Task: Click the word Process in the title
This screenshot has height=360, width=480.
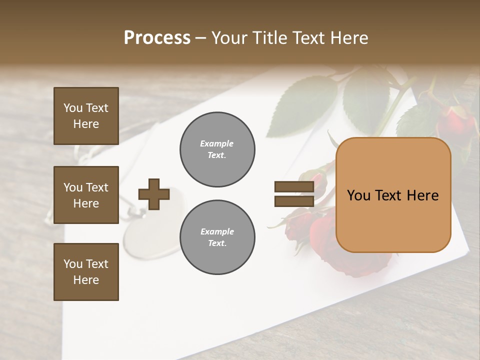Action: click(157, 38)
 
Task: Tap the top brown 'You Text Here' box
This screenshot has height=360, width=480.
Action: click(86, 116)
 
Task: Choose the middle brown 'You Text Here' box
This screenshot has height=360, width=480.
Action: click(86, 195)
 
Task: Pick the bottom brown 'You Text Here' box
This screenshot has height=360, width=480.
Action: click(86, 272)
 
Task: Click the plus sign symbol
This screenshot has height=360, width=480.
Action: click(153, 194)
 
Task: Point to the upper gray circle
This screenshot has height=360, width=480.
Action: click(217, 149)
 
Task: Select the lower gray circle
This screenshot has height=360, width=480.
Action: click(217, 237)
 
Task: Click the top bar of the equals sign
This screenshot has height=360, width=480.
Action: click(294, 187)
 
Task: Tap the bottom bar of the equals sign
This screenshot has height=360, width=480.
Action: click(294, 201)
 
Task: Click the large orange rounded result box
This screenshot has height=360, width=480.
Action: click(393, 195)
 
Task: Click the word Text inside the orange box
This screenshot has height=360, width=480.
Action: click(392, 195)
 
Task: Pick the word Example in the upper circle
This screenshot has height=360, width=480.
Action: click(217, 143)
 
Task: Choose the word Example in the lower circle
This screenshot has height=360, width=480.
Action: click(217, 231)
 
